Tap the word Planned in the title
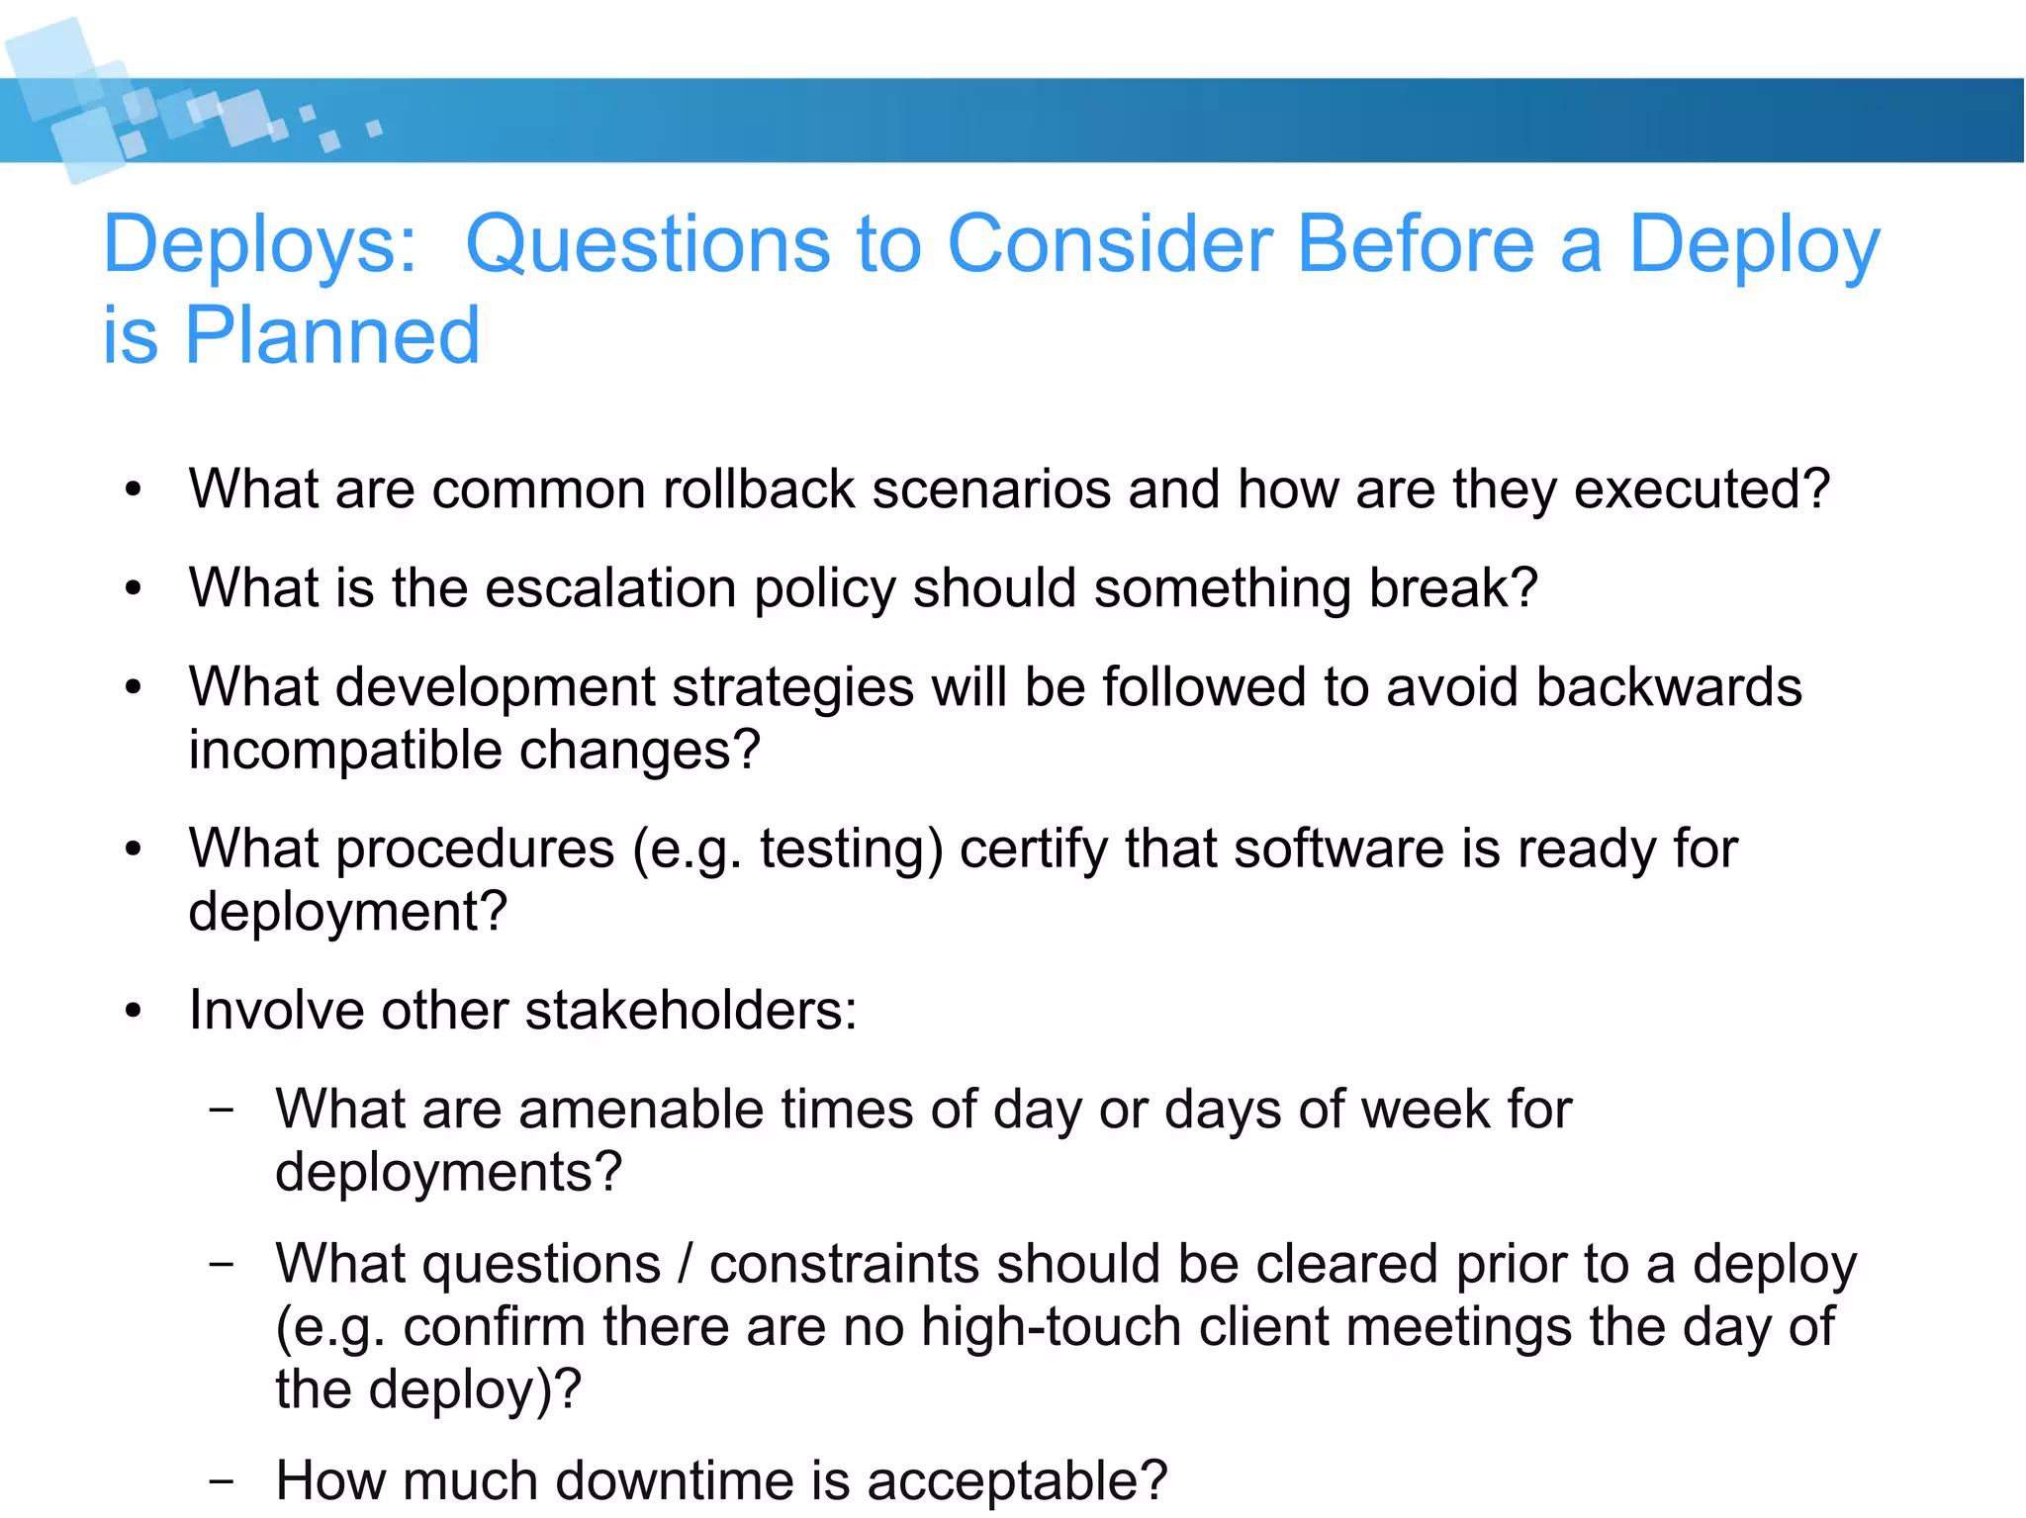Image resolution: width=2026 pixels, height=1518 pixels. click(332, 336)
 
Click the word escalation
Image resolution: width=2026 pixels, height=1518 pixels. click(610, 588)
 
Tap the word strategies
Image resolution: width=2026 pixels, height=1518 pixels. click(792, 689)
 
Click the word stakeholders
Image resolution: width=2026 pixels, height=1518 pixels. click(691, 1011)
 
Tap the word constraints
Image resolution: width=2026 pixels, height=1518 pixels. click(844, 1265)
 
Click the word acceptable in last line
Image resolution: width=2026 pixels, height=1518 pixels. click(1017, 1481)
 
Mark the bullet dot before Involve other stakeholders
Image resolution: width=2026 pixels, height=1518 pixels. click(135, 1012)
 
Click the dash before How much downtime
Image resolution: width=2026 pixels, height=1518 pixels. click(222, 1481)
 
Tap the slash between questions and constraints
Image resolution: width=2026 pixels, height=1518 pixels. click(685, 1265)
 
